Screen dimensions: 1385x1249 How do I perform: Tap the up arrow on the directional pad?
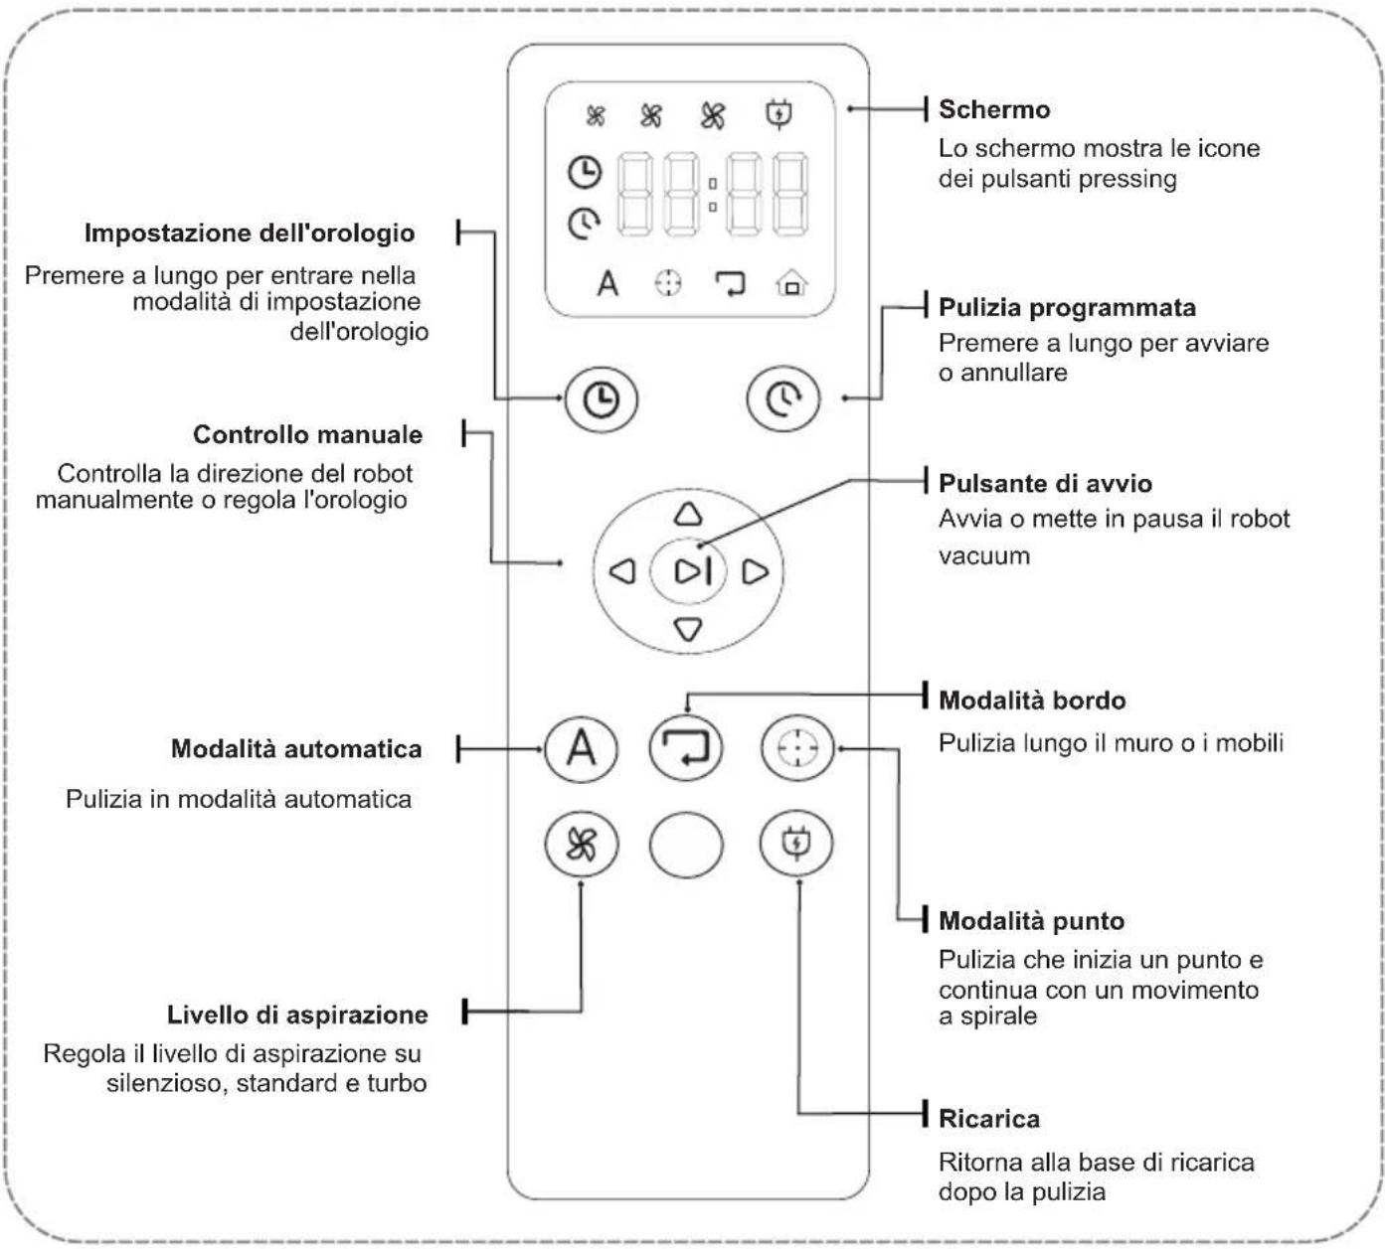coord(688,514)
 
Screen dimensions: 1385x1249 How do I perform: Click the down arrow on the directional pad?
coord(688,629)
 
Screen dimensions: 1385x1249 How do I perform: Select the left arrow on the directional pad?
coord(622,571)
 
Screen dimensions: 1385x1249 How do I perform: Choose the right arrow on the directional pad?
coord(755,571)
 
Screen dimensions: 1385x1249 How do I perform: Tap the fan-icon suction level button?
coord(582,844)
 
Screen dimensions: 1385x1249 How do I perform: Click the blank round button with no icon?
coord(686,845)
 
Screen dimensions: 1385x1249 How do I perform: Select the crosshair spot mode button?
coord(797,748)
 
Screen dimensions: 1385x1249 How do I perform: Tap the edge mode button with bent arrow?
coord(686,748)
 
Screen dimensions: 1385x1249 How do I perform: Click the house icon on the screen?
coord(791,283)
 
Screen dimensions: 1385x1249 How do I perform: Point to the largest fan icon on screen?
coord(713,116)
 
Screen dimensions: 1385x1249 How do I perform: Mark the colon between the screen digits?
coord(713,195)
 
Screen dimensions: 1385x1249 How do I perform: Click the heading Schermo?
coord(994,109)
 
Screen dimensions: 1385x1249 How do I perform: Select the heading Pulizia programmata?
coord(1068,308)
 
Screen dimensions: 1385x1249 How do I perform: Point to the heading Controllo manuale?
coord(308,435)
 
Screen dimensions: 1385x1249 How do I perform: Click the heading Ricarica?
coord(989,1119)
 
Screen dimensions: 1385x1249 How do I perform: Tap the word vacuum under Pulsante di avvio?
coord(984,555)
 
